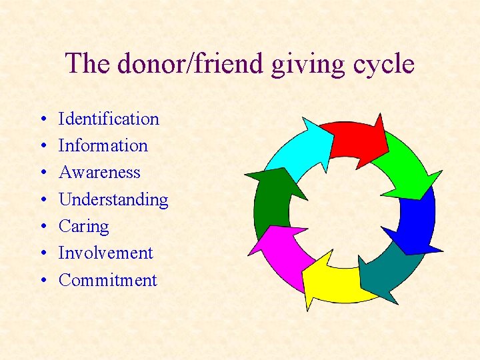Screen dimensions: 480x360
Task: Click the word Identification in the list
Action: click(x=109, y=119)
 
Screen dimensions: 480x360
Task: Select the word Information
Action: click(x=103, y=145)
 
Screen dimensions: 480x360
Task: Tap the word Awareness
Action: click(x=99, y=172)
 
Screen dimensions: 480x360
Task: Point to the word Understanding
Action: click(x=113, y=199)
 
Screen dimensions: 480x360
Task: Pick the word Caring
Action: click(x=83, y=226)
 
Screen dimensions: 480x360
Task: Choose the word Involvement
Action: click(x=105, y=253)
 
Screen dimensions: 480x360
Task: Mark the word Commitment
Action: click(x=107, y=280)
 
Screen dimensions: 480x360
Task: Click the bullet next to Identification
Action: click(x=41, y=120)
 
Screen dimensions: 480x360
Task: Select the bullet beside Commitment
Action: click(x=41, y=281)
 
